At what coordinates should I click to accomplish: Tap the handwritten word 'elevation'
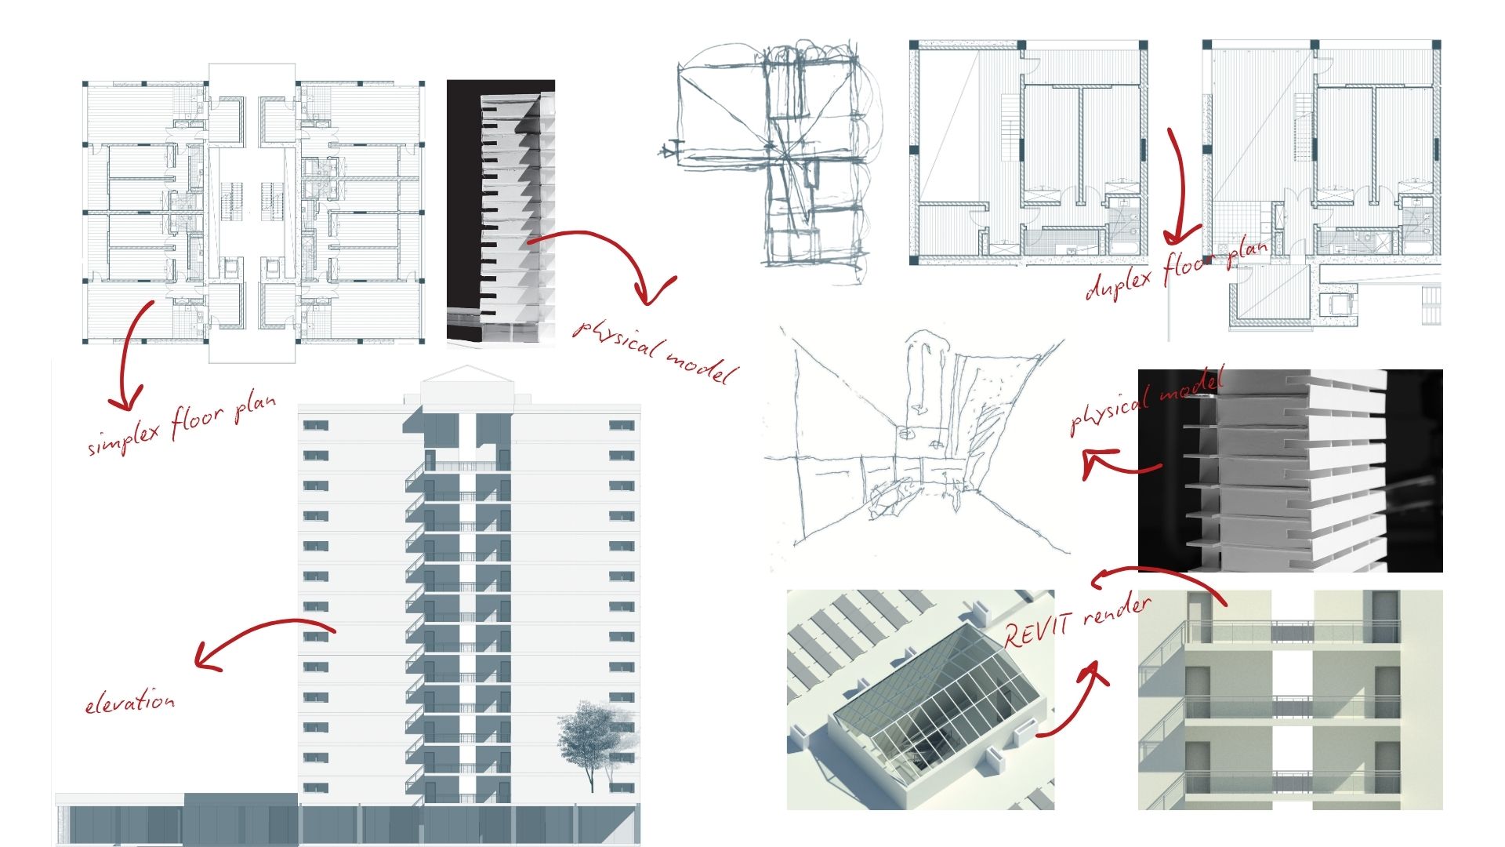tap(130, 701)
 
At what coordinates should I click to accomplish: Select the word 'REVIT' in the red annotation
tap(1032, 629)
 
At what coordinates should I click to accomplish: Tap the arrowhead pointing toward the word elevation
tap(205, 657)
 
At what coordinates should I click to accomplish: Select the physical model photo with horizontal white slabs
tap(1289, 471)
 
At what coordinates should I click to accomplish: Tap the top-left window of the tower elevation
tap(315, 425)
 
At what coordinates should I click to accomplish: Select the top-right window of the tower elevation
tap(622, 425)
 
